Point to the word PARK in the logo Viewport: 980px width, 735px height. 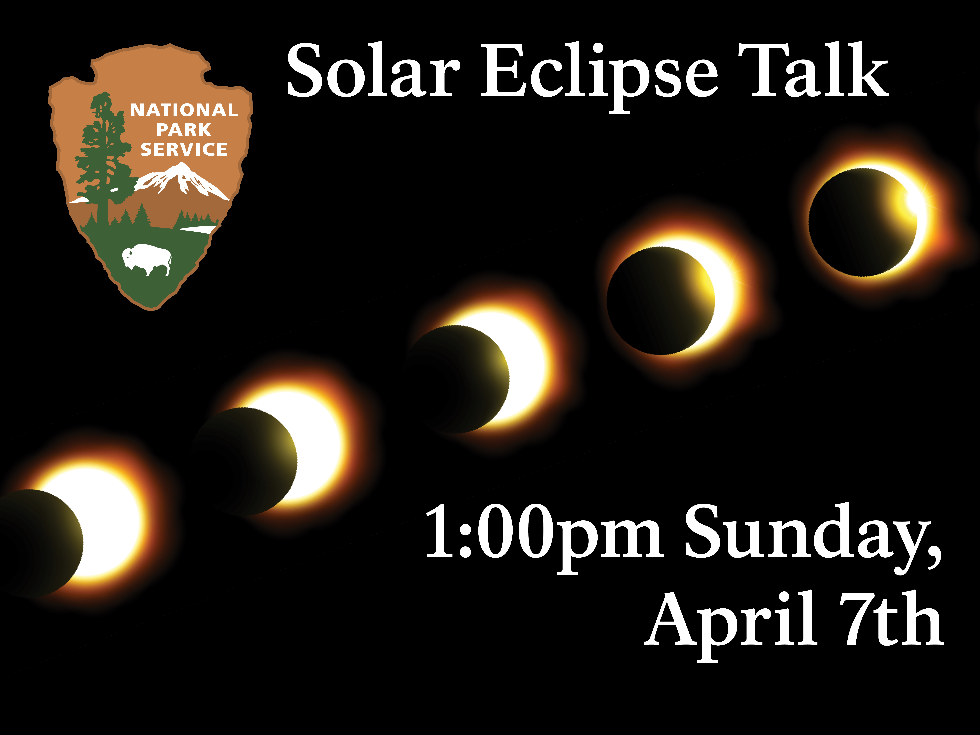(184, 130)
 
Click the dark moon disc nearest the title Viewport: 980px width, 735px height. (862, 222)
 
